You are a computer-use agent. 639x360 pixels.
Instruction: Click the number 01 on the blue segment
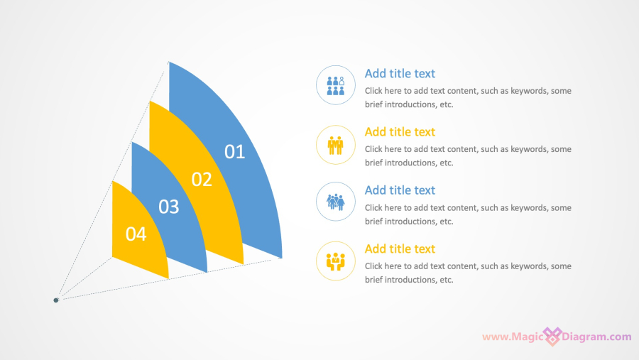click(234, 152)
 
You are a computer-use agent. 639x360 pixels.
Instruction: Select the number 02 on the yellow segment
click(202, 180)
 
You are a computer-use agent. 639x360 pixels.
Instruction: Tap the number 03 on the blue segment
click(169, 207)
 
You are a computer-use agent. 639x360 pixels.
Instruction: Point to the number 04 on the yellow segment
click(136, 234)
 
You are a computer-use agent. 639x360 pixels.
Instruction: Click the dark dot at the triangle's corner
click(56, 300)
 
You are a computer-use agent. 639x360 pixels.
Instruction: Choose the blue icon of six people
click(336, 86)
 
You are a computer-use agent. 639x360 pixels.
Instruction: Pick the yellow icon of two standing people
click(335, 145)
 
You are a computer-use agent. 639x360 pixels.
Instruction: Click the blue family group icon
click(335, 202)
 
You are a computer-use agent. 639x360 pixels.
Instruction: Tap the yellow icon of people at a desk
click(335, 261)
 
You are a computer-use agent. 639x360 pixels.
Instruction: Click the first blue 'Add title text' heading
click(400, 73)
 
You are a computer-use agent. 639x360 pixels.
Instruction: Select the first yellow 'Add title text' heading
click(400, 131)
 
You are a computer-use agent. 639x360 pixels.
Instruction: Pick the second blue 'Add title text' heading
click(400, 190)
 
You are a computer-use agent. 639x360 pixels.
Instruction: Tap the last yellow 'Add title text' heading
click(400, 249)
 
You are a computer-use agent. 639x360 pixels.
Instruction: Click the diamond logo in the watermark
click(552, 337)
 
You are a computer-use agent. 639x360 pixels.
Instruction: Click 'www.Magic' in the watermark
click(513, 337)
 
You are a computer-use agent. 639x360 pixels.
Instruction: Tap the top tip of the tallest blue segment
click(169, 62)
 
